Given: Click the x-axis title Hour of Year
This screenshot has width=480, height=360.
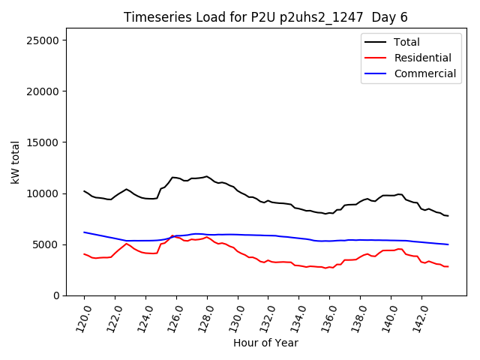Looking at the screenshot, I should [x=265, y=343].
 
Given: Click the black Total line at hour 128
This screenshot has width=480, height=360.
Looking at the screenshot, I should [x=207, y=177].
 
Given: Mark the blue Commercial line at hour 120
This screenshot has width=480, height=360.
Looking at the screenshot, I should [x=84, y=232].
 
